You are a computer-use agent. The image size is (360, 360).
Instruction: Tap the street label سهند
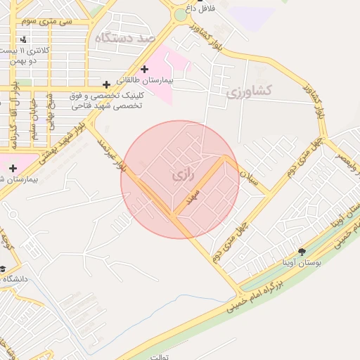(x=191, y=196)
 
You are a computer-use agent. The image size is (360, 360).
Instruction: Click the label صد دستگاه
(x=124, y=38)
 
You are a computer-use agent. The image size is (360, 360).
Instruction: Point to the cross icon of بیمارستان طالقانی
(x=145, y=69)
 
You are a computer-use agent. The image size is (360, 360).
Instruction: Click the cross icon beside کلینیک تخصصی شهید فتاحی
(x=106, y=84)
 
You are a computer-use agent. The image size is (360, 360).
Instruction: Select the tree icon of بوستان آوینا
(x=302, y=251)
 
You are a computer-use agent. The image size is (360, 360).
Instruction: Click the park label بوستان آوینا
(x=302, y=262)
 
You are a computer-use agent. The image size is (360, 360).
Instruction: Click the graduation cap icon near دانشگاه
(x=2, y=269)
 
